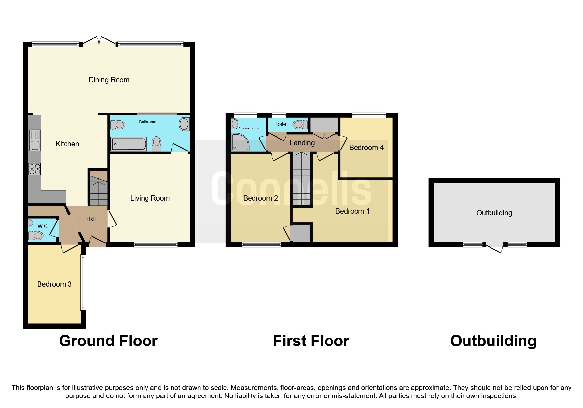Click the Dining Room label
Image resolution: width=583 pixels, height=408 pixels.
109,80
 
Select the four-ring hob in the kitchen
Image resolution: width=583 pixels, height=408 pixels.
35,169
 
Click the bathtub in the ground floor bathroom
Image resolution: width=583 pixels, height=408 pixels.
129,144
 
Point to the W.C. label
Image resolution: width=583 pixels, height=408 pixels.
43,226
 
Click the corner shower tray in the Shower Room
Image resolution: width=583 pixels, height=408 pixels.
240,142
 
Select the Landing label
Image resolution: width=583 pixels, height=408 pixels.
302,143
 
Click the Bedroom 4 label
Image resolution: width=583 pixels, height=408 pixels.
366,148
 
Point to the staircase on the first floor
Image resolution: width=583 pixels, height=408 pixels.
302,180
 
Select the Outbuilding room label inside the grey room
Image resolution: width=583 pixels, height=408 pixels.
494,213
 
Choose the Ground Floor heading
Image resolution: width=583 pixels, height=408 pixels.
108,341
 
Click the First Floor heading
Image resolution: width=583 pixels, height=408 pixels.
311,341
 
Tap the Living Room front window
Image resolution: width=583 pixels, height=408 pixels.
156,244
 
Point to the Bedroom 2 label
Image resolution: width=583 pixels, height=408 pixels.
260,198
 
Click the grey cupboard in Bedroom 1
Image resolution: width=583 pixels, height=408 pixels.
302,233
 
